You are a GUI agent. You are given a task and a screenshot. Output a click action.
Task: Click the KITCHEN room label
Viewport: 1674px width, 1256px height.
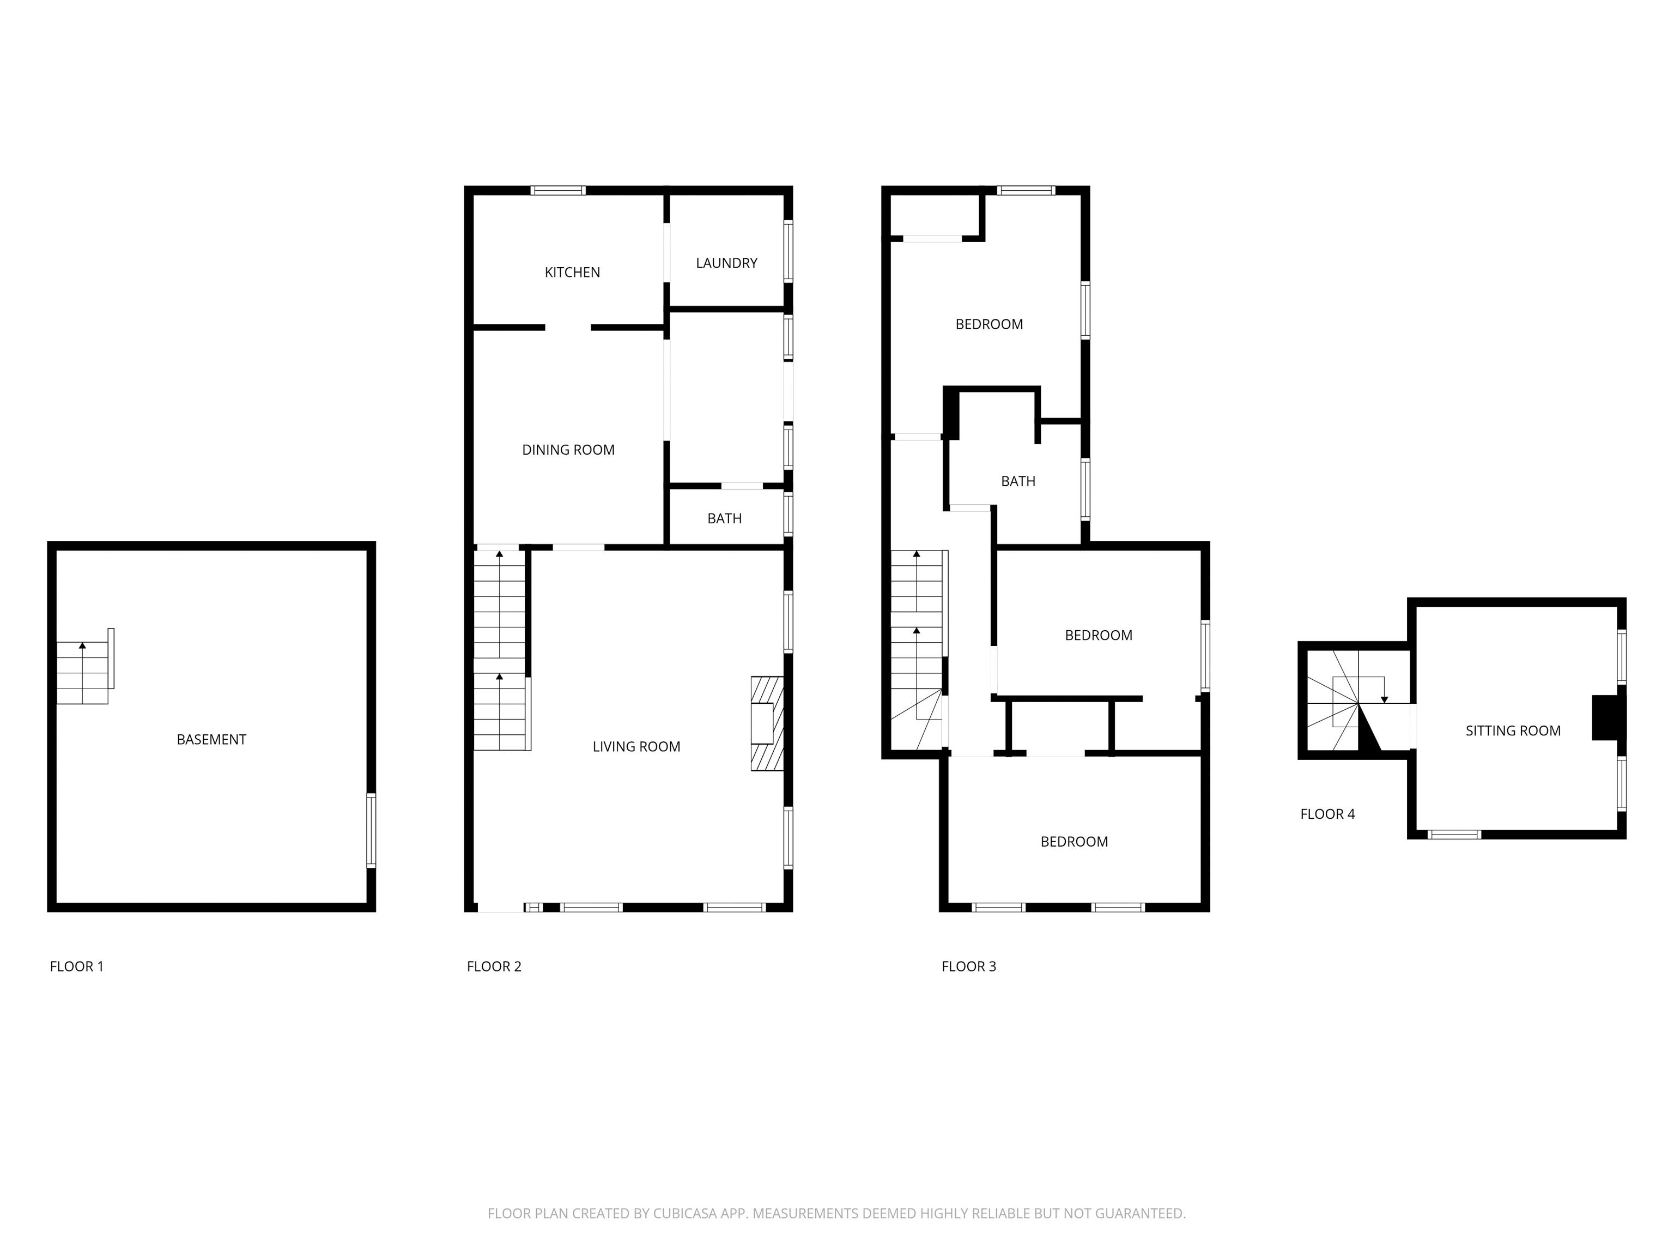pos(572,273)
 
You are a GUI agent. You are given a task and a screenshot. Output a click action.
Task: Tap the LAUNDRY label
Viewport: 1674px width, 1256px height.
pos(726,263)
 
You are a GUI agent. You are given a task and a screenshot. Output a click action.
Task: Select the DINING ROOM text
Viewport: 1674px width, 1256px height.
pos(568,450)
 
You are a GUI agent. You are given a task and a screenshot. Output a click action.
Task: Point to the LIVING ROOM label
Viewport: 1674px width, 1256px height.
pos(636,746)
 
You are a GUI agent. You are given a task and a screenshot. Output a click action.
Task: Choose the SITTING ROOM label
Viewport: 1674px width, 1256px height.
pos(1513,730)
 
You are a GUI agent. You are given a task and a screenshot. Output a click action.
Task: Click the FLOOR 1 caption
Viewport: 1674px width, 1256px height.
pos(76,966)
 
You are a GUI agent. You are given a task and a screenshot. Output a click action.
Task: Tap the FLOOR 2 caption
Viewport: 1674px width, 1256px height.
pos(494,966)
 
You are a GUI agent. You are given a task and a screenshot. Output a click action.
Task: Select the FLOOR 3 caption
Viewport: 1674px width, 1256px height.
pos(969,966)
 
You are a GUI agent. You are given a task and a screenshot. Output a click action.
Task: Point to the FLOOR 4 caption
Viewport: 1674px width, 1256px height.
pos(1327,814)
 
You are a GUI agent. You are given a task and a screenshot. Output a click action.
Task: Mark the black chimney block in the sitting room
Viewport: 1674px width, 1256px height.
pos(1608,717)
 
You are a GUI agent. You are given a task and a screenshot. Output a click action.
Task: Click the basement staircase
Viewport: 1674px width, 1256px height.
pos(85,669)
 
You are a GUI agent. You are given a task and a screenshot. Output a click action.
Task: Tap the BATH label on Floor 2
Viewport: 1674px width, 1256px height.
pos(724,518)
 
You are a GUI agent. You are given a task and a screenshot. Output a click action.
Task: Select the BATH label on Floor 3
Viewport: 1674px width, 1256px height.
pos(1018,481)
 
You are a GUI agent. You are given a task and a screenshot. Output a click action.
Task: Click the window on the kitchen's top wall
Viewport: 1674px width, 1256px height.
pos(558,190)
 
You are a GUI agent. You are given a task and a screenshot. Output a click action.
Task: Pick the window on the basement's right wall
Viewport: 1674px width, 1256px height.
pos(371,830)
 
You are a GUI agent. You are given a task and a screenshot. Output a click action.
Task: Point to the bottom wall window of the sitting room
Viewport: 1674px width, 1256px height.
pos(1454,834)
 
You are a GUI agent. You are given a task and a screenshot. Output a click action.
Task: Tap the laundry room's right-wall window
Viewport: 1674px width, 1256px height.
pos(788,251)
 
